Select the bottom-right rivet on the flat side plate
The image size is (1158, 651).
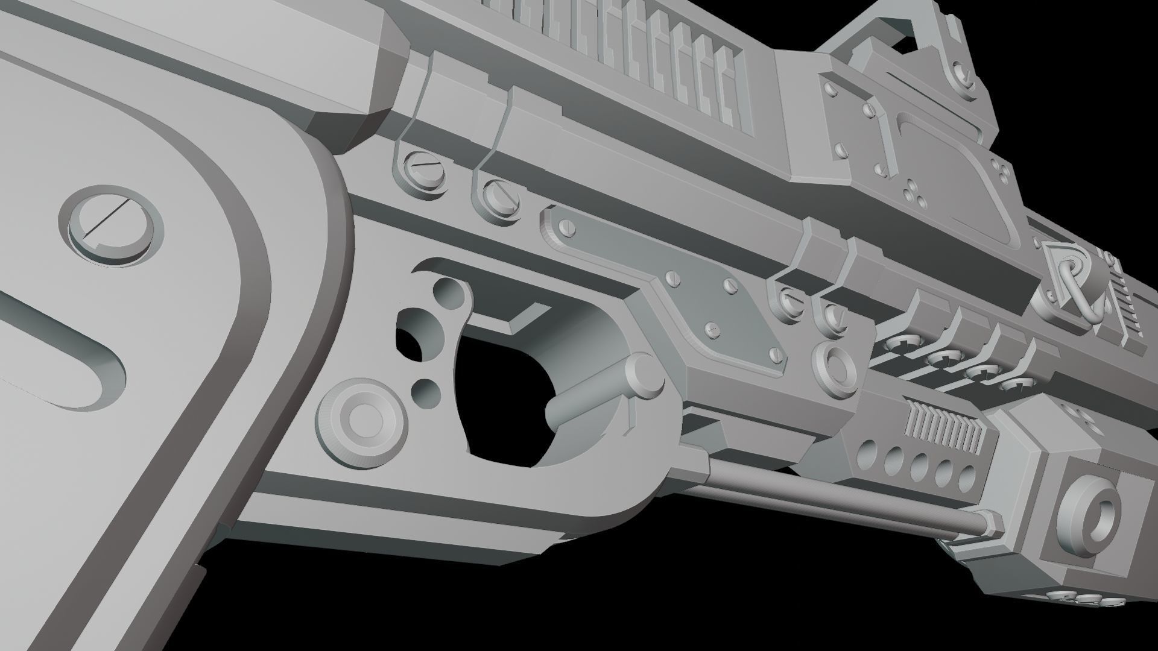[777, 357]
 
